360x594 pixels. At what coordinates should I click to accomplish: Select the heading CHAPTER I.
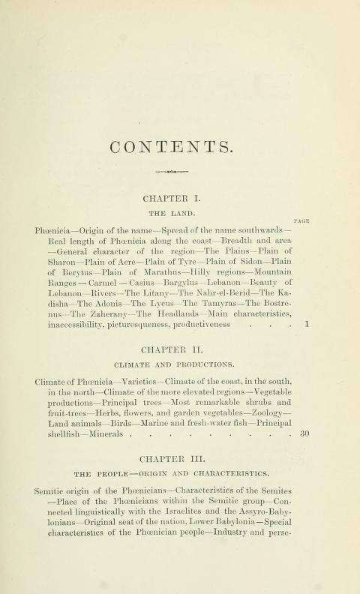click(179, 199)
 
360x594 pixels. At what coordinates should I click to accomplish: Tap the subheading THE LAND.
click(179, 213)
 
